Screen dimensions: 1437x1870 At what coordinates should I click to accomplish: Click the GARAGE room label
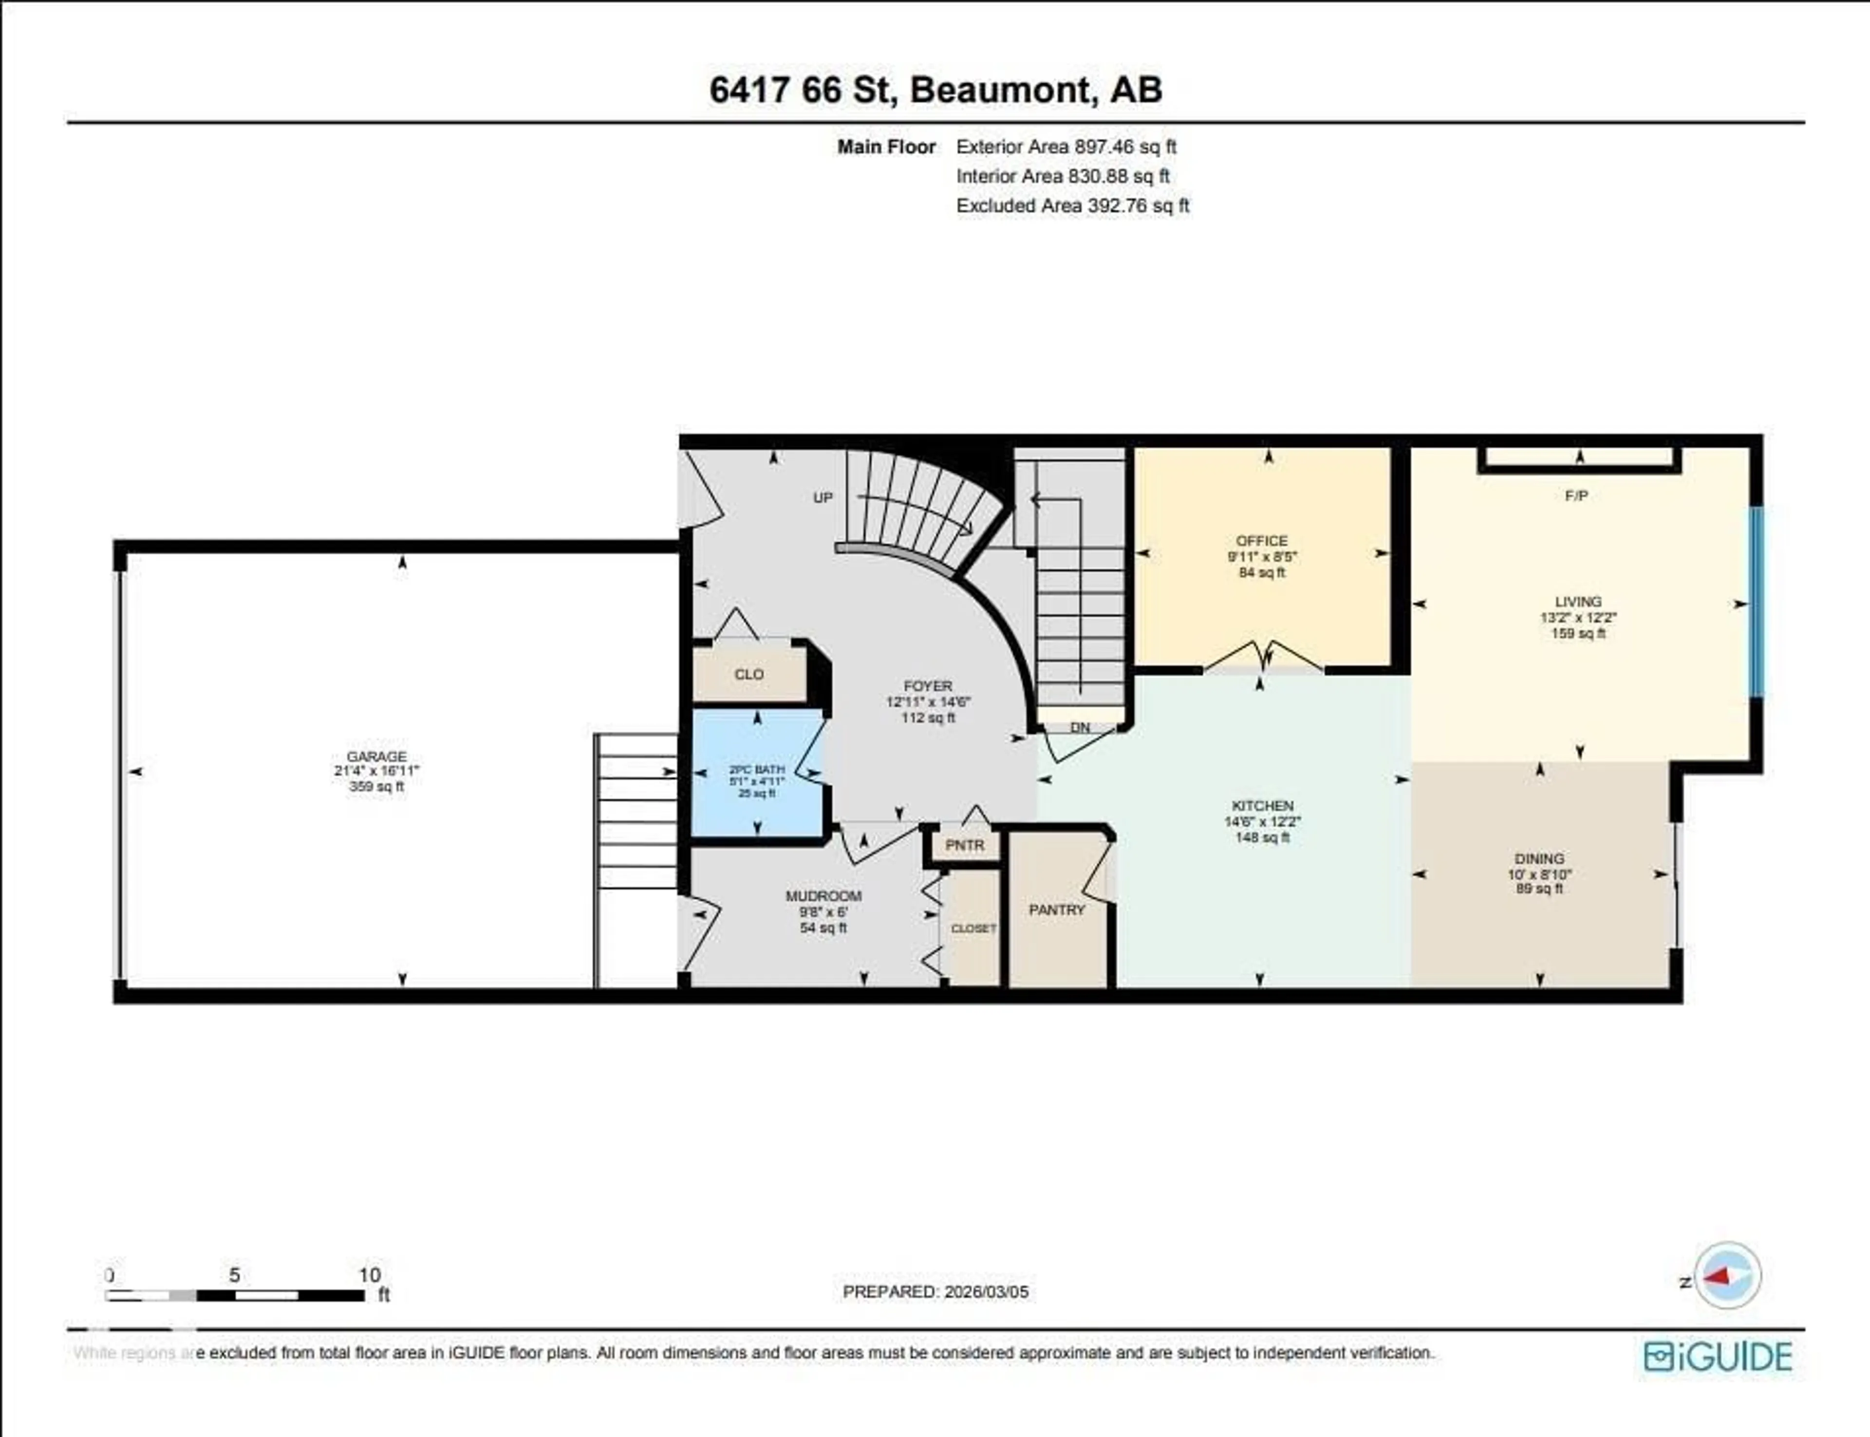(x=376, y=756)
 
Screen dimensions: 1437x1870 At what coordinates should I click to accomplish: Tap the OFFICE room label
(x=1261, y=541)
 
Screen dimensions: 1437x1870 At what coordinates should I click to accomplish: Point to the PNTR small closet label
(x=965, y=845)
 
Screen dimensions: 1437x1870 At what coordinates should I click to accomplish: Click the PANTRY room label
(x=1057, y=910)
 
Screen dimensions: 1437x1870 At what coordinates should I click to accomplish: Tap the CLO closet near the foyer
(x=749, y=674)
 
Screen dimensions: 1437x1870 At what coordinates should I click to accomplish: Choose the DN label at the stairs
(x=1080, y=727)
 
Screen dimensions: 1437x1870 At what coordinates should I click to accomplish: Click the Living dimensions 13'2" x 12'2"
(x=1578, y=618)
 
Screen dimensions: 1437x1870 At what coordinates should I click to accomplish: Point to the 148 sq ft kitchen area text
(x=1262, y=837)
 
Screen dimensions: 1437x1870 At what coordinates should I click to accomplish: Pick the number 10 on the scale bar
(x=370, y=1274)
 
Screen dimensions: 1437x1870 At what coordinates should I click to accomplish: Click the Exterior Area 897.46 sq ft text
(x=1066, y=147)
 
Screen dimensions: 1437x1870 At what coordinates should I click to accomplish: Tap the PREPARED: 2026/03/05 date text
(x=935, y=1291)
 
